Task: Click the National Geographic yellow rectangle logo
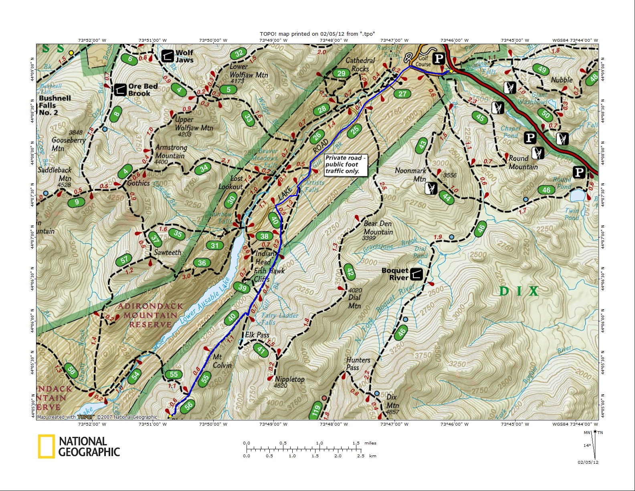46,446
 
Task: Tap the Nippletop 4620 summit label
289,382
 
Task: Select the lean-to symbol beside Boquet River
417,274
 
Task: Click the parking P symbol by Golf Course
439,59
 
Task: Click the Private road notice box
346,164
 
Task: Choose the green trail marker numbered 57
124,260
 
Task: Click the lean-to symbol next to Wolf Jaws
168,56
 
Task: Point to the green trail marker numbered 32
239,53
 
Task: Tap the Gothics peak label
138,183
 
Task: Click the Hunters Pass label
358,363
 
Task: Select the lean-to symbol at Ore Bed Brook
120,90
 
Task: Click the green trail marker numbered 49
542,69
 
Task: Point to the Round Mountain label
523,162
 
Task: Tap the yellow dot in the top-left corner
71,53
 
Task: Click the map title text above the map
317,34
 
